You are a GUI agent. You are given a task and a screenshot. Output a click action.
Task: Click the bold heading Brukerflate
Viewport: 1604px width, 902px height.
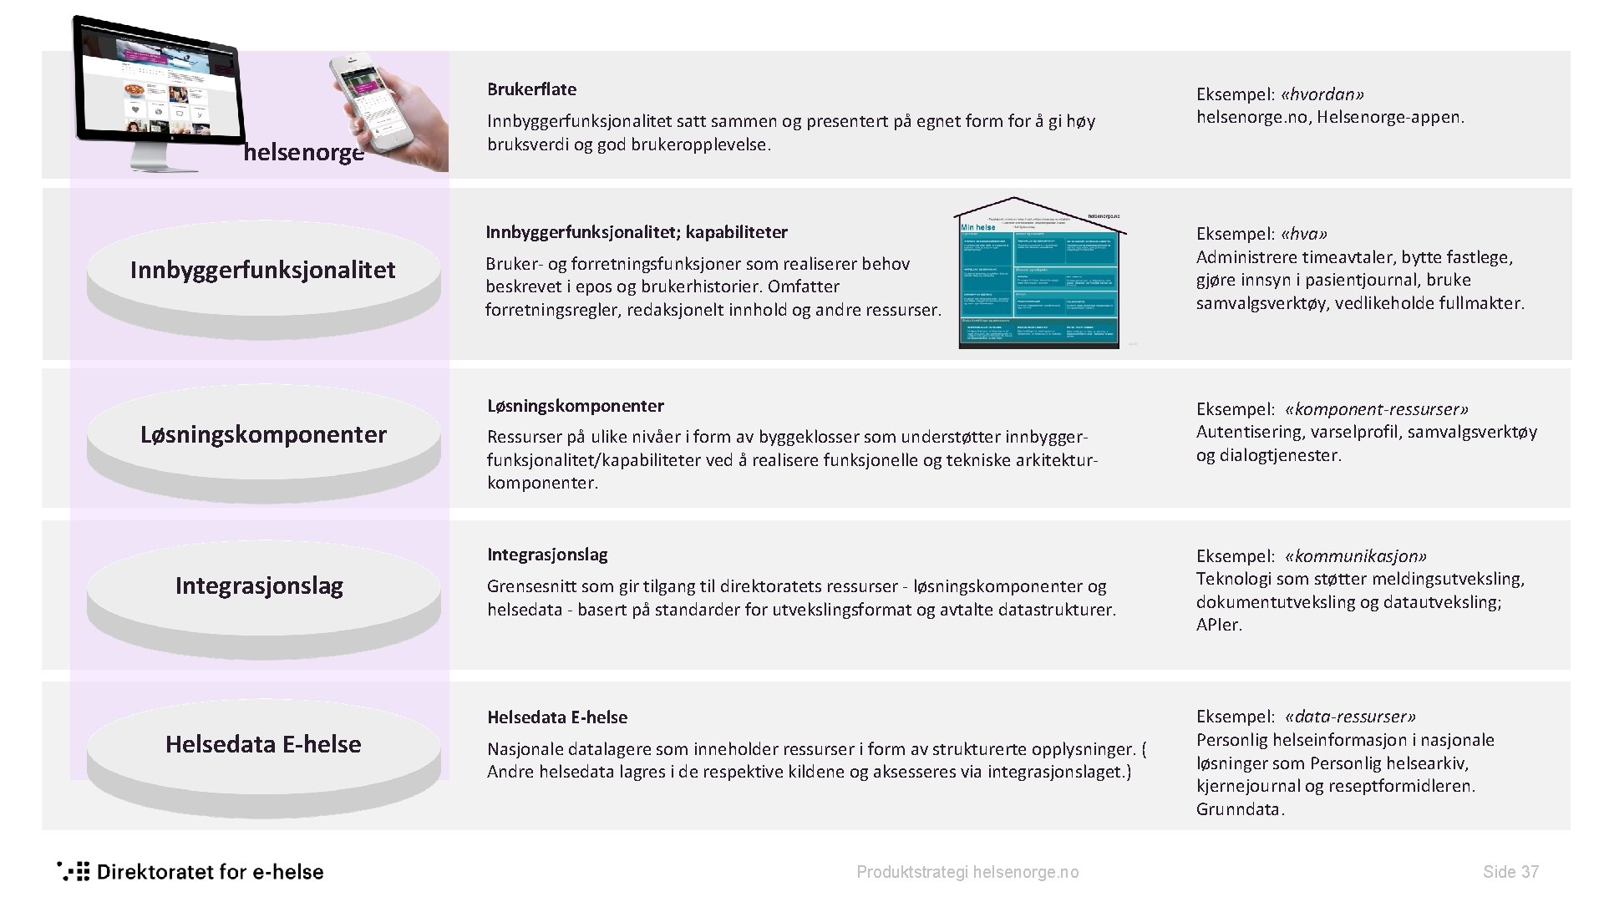pyautogui.click(x=531, y=89)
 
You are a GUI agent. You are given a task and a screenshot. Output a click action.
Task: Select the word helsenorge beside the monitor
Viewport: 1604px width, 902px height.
pyautogui.click(x=303, y=154)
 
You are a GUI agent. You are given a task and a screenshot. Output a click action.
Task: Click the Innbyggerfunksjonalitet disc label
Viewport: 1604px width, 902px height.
pyautogui.click(x=262, y=271)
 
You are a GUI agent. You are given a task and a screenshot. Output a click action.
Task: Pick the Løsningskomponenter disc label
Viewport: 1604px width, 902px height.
pyautogui.click(x=263, y=435)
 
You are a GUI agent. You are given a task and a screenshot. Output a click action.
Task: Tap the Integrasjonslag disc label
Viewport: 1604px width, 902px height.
pyautogui.click(x=259, y=586)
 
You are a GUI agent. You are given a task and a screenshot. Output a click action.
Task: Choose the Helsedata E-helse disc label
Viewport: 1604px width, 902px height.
pyautogui.click(x=263, y=745)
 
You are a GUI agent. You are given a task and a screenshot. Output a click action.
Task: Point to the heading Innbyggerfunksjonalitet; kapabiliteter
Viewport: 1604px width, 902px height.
pyautogui.click(x=637, y=232)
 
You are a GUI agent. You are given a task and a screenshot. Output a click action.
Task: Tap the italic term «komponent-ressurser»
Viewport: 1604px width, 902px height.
pyautogui.click(x=1377, y=409)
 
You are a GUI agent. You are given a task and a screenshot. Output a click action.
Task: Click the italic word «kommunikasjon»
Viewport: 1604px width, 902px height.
pyautogui.click(x=1355, y=556)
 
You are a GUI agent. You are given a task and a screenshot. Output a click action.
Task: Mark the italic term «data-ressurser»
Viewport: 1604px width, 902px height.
pyautogui.click(x=1350, y=717)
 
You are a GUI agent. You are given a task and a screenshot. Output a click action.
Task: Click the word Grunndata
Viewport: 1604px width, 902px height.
pyautogui.click(x=1240, y=809)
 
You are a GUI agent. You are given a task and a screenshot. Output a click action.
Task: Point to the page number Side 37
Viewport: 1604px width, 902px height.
pyautogui.click(x=1510, y=872)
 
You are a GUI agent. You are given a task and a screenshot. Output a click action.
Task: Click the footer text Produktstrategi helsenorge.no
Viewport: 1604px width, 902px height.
pyautogui.click(x=967, y=873)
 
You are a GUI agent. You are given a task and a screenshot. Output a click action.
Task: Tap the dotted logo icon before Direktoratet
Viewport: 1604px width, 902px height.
pyautogui.click(x=73, y=871)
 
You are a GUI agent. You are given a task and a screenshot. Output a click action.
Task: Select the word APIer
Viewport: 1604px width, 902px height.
pyautogui.click(x=1219, y=625)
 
